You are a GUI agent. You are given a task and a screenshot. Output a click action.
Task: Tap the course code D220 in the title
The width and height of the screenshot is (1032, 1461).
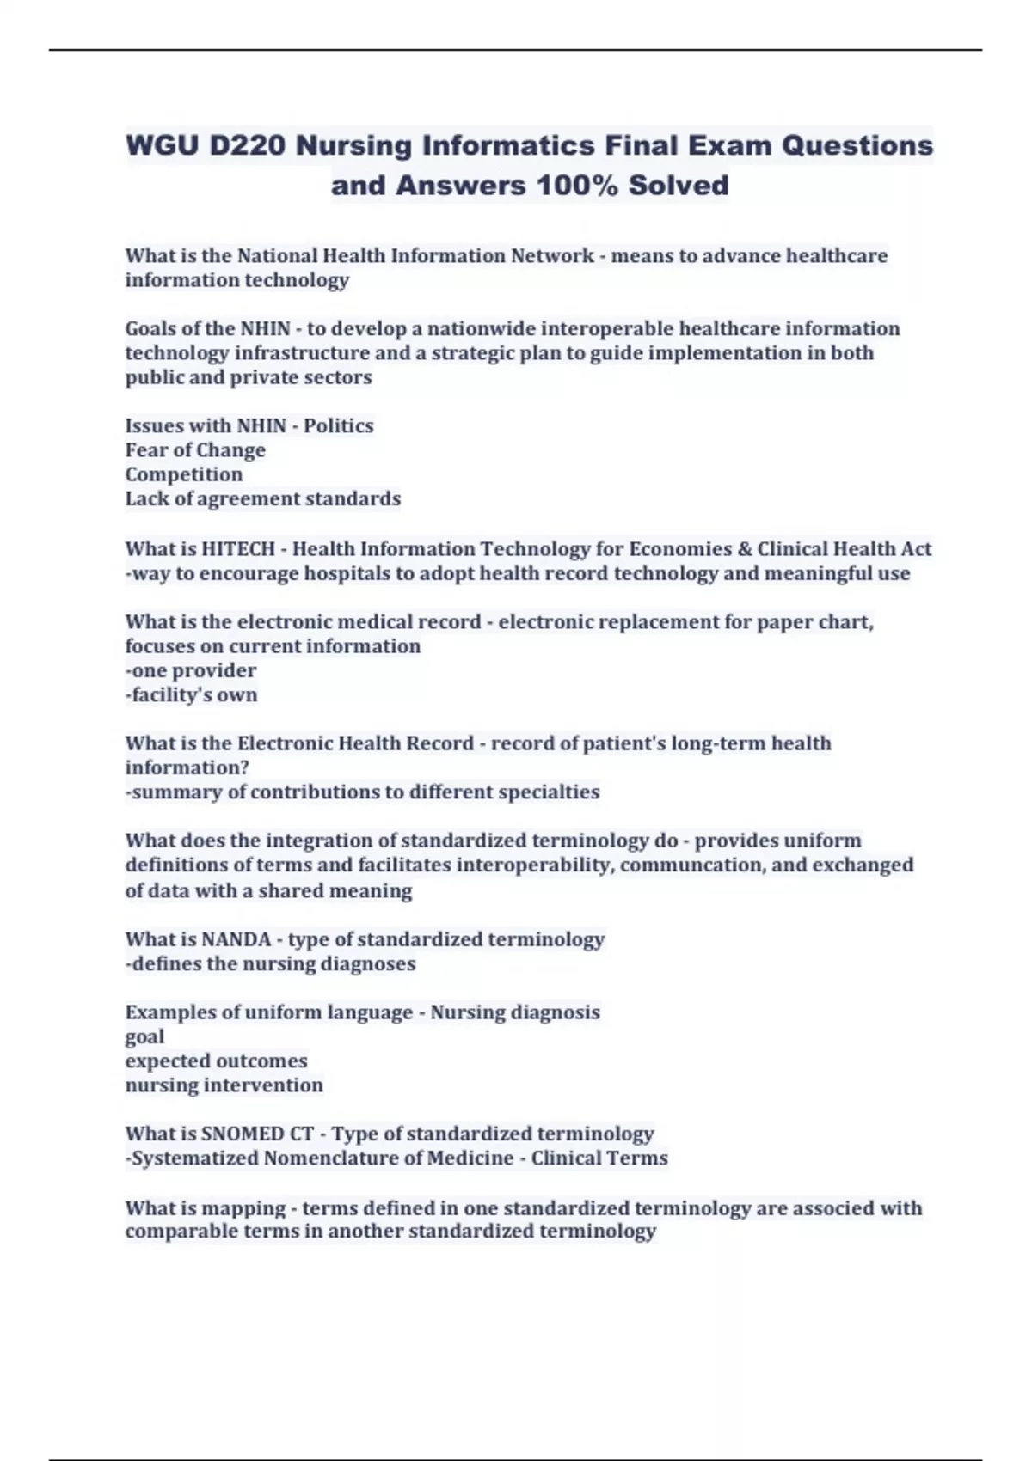pyautogui.click(x=247, y=145)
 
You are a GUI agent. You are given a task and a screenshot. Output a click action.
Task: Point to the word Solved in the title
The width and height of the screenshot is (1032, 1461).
pyautogui.click(x=679, y=185)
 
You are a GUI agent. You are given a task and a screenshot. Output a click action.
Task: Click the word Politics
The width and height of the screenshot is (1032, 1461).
pyautogui.click(x=339, y=425)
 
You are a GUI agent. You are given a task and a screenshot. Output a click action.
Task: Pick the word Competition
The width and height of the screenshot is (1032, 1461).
pyautogui.click(x=184, y=474)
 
